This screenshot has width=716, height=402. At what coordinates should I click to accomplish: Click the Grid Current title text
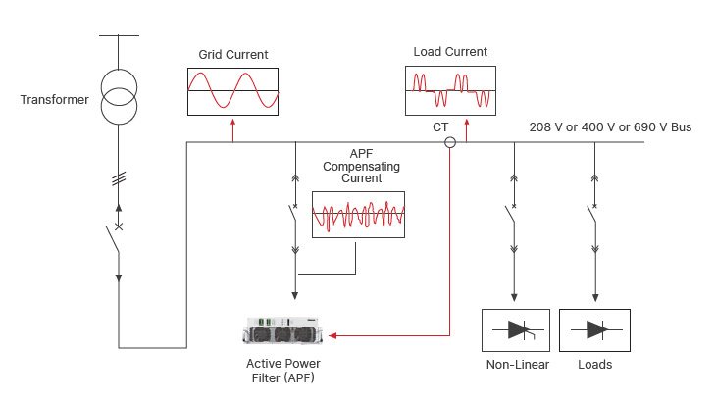(232, 55)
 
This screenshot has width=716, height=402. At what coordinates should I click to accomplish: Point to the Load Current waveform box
(448, 90)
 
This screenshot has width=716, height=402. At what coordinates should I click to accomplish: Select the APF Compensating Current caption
(362, 167)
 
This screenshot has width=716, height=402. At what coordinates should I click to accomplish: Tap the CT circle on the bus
(450, 142)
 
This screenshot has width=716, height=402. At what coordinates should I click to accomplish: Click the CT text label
(440, 127)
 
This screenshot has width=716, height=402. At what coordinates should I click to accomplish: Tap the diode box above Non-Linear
(517, 330)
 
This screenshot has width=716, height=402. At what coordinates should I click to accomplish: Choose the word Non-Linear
(517, 365)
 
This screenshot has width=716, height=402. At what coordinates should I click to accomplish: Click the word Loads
(595, 365)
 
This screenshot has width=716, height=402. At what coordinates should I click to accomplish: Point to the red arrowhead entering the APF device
(332, 335)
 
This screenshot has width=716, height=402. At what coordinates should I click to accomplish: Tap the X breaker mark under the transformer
(119, 226)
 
